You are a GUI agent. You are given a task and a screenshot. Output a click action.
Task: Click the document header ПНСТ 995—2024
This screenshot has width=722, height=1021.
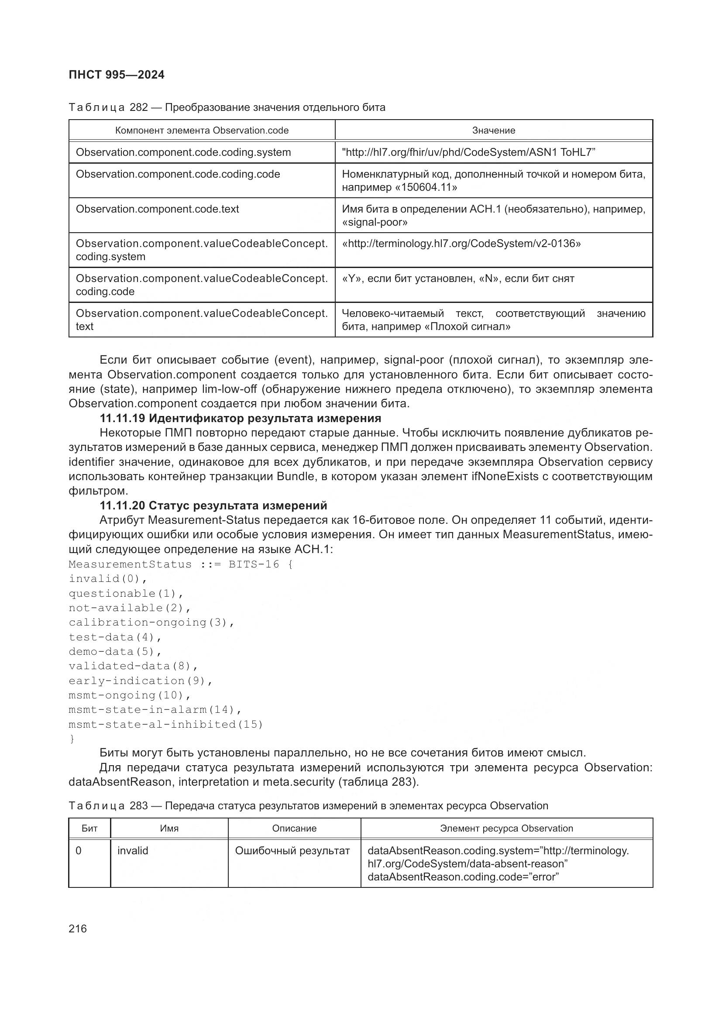click(x=117, y=75)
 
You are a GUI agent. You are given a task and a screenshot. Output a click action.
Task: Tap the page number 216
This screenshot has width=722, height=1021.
click(x=78, y=928)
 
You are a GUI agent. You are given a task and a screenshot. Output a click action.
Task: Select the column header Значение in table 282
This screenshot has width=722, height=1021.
click(x=494, y=130)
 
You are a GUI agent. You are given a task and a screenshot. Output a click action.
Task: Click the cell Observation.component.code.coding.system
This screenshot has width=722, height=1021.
click(x=183, y=152)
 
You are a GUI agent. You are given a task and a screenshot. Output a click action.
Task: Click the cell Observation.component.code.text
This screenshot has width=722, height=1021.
click(x=158, y=209)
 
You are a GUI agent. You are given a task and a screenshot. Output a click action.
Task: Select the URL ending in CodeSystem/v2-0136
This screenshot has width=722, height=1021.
click(x=461, y=244)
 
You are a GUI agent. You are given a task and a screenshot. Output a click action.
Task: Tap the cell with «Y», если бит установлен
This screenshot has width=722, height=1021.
click(x=458, y=278)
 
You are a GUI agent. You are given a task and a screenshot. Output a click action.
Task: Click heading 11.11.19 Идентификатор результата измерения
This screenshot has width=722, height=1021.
click(x=240, y=418)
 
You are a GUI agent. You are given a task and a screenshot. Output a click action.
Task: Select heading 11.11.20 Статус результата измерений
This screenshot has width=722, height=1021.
click(x=213, y=505)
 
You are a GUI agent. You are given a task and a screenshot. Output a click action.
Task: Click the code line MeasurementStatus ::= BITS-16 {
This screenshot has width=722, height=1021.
click(x=181, y=564)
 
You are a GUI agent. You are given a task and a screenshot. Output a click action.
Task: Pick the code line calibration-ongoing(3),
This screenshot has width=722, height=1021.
click(x=151, y=622)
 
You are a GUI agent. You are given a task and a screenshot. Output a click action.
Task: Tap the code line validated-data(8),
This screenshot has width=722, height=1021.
click(x=133, y=666)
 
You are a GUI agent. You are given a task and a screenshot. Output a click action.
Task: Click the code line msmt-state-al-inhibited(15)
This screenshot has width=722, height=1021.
click(x=166, y=725)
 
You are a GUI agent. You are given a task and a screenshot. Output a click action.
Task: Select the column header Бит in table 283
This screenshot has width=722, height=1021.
click(x=89, y=828)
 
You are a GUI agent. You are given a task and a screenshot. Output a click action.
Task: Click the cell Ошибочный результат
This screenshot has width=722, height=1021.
click(x=292, y=851)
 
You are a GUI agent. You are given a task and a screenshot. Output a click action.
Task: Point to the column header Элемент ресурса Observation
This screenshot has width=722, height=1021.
click(x=506, y=828)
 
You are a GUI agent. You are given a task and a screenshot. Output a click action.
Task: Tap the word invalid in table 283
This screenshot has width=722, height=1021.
click(x=133, y=851)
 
